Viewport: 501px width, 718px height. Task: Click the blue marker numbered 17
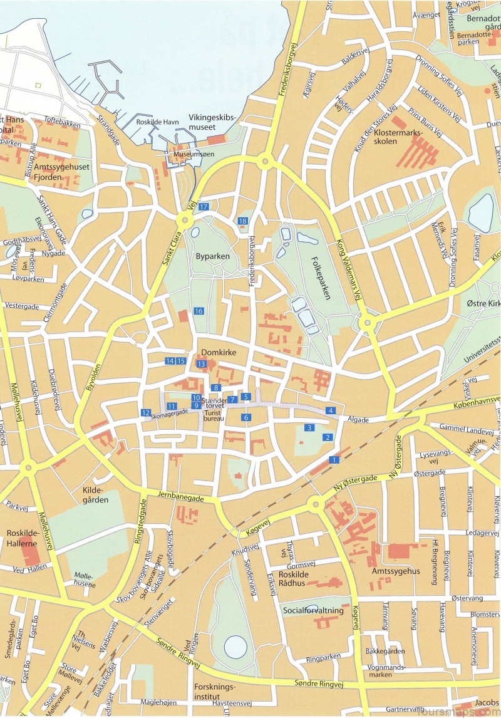(204, 206)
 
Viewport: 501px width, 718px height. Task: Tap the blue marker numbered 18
(242, 221)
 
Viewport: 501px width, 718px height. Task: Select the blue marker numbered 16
(199, 311)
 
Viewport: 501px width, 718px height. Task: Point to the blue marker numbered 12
(145, 412)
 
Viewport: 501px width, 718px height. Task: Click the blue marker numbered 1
(333, 460)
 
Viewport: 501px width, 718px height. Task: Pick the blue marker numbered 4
(330, 410)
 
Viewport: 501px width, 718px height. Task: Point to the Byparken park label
(212, 256)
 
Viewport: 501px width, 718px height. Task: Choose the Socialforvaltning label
(313, 610)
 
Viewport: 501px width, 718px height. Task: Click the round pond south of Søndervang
(236, 646)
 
